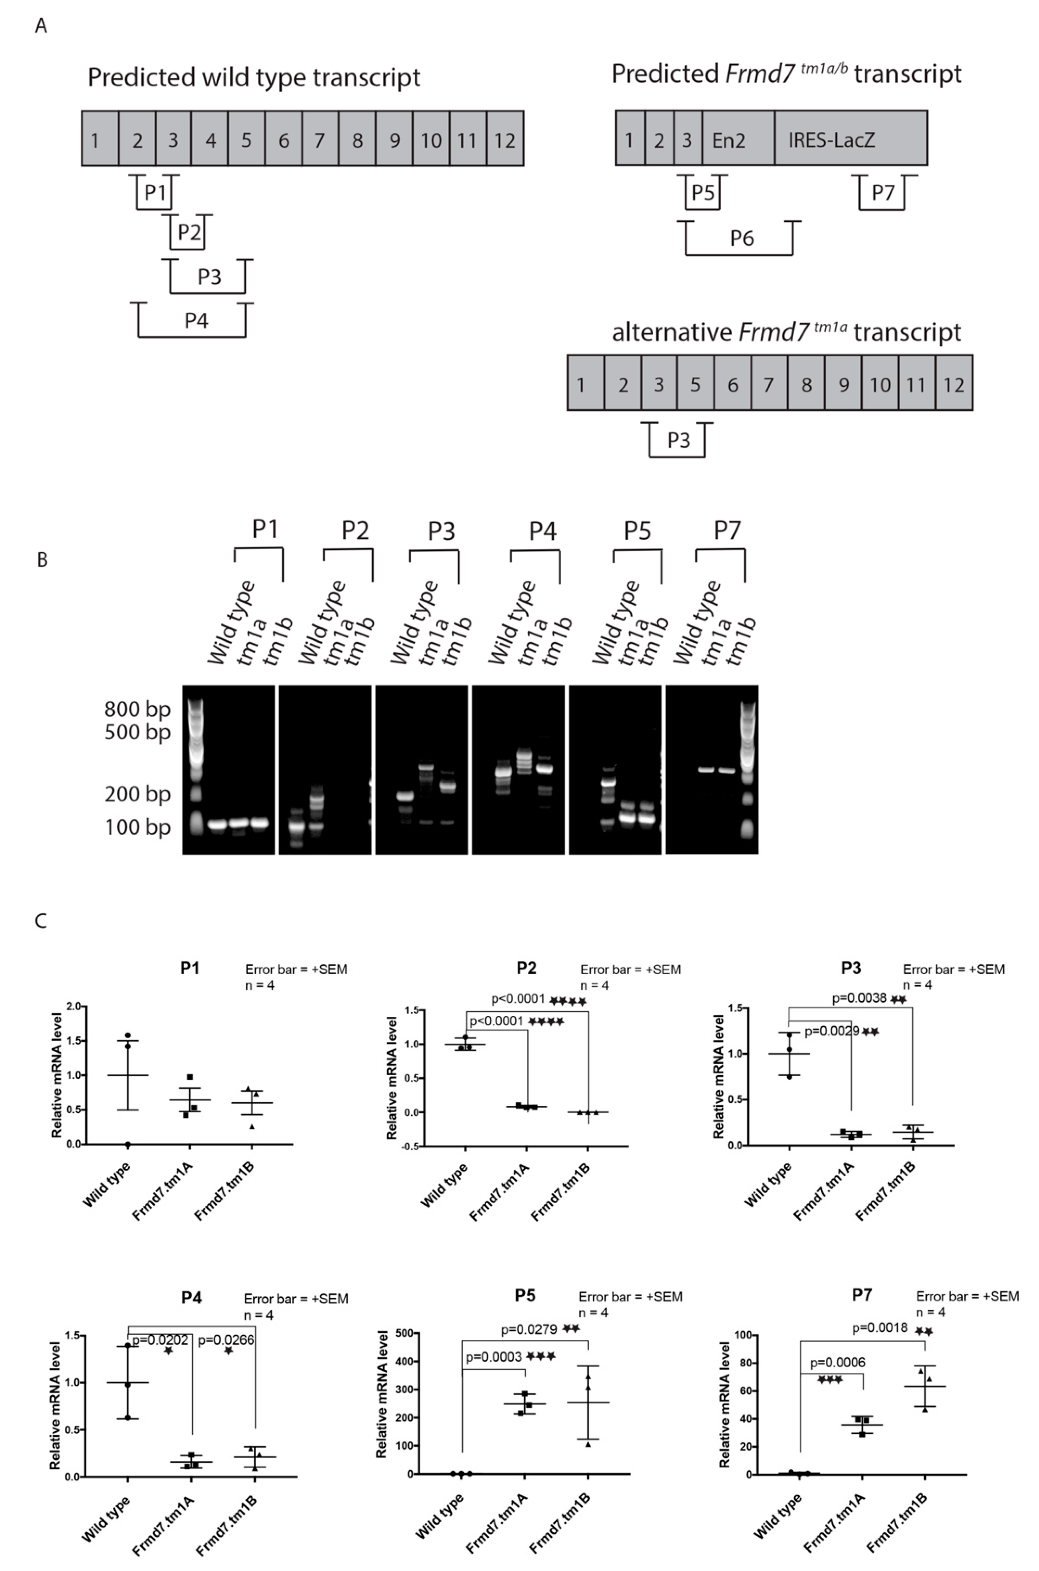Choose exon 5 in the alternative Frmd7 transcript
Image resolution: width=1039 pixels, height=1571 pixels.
click(695, 384)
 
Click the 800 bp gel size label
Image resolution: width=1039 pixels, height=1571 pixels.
click(137, 709)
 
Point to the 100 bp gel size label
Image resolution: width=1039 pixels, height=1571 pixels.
click(137, 827)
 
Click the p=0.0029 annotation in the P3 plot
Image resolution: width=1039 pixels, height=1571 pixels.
click(832, 1031)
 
